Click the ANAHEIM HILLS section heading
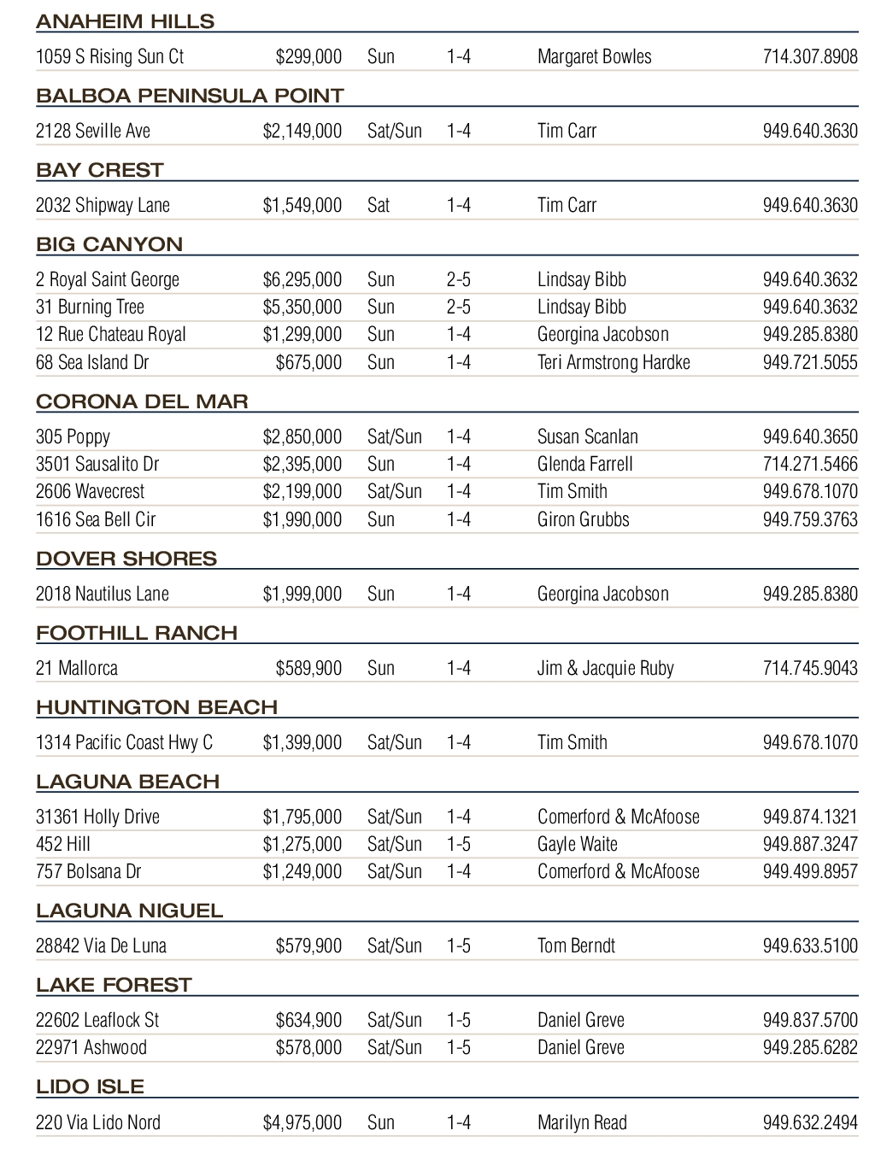coord(126,21)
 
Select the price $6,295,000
coord(302,279)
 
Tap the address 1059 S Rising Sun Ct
coord(109,56)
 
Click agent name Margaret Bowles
coord(594,56)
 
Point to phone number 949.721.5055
coord(809,362)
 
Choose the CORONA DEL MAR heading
coord(142,401)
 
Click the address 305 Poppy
coord(73,436)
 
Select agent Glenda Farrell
coord(584,464)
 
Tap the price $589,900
coord(308,668)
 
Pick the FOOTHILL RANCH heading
coord(137,633)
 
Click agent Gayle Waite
coord(577,844)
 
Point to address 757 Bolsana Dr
coord(88,871)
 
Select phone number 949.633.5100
coord(809,946)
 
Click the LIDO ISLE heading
coord(90,1087)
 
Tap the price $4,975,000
coord(302,1122)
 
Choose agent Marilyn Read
coord(582,1122)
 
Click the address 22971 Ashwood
coord(91,1047)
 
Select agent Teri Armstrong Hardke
coord(613,362)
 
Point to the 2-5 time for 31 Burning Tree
coord(458,307)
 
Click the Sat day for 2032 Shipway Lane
coord(378,205)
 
